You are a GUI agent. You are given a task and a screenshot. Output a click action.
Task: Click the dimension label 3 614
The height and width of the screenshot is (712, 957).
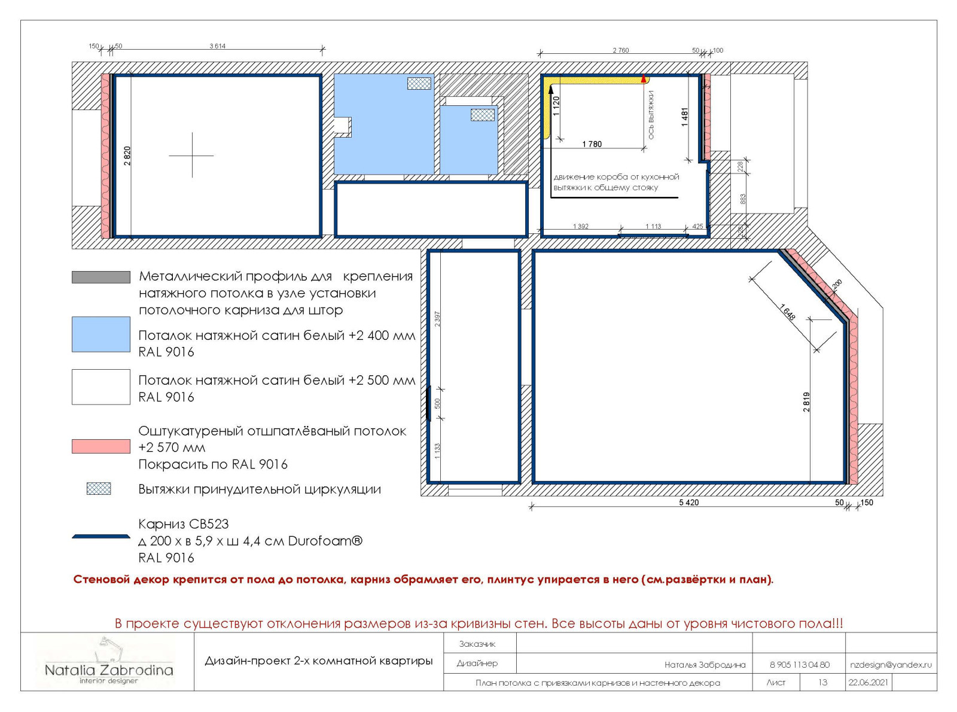click(218, 46)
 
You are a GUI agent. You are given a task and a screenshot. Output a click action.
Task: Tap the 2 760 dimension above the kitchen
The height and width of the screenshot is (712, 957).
click(620, 50)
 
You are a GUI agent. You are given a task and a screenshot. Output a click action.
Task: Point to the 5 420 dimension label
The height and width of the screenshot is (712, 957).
click(688, 503)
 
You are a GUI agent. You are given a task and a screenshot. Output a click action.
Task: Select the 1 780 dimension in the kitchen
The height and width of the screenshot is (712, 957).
click(592, 144)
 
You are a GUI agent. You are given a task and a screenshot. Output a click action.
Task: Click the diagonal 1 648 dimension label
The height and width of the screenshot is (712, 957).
click(788, 312)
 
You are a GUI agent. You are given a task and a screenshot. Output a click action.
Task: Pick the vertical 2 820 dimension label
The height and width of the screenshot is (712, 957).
click(127, 156)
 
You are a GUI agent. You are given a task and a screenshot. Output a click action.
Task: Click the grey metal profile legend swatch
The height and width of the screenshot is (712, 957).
click(101, 277)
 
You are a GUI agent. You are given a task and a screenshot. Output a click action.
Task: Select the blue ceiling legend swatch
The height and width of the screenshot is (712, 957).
click(101, 334)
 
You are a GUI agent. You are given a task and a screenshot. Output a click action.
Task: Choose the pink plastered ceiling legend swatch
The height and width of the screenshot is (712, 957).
click(101, 446)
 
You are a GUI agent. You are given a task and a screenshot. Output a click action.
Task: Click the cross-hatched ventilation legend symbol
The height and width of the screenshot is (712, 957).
click(99, 488)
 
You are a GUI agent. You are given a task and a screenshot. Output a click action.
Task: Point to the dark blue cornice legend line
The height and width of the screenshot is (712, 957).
click(101, 536)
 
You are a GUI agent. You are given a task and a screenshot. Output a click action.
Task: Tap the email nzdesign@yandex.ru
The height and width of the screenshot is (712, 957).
click(891, 665)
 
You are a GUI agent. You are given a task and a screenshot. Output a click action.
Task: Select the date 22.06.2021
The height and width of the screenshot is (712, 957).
click(868, 683)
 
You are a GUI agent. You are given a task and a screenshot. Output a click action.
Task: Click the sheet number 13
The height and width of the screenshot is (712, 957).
click(822, 683)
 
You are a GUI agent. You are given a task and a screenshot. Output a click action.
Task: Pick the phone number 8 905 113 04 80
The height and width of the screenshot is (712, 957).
click(800, 665)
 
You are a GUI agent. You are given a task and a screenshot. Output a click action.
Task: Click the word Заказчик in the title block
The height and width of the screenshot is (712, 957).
click(477, 644)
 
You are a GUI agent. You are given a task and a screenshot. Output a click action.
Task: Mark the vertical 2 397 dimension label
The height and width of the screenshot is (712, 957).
click(437, 319)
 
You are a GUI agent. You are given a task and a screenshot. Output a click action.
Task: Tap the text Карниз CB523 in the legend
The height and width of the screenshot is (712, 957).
click(184, 524)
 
